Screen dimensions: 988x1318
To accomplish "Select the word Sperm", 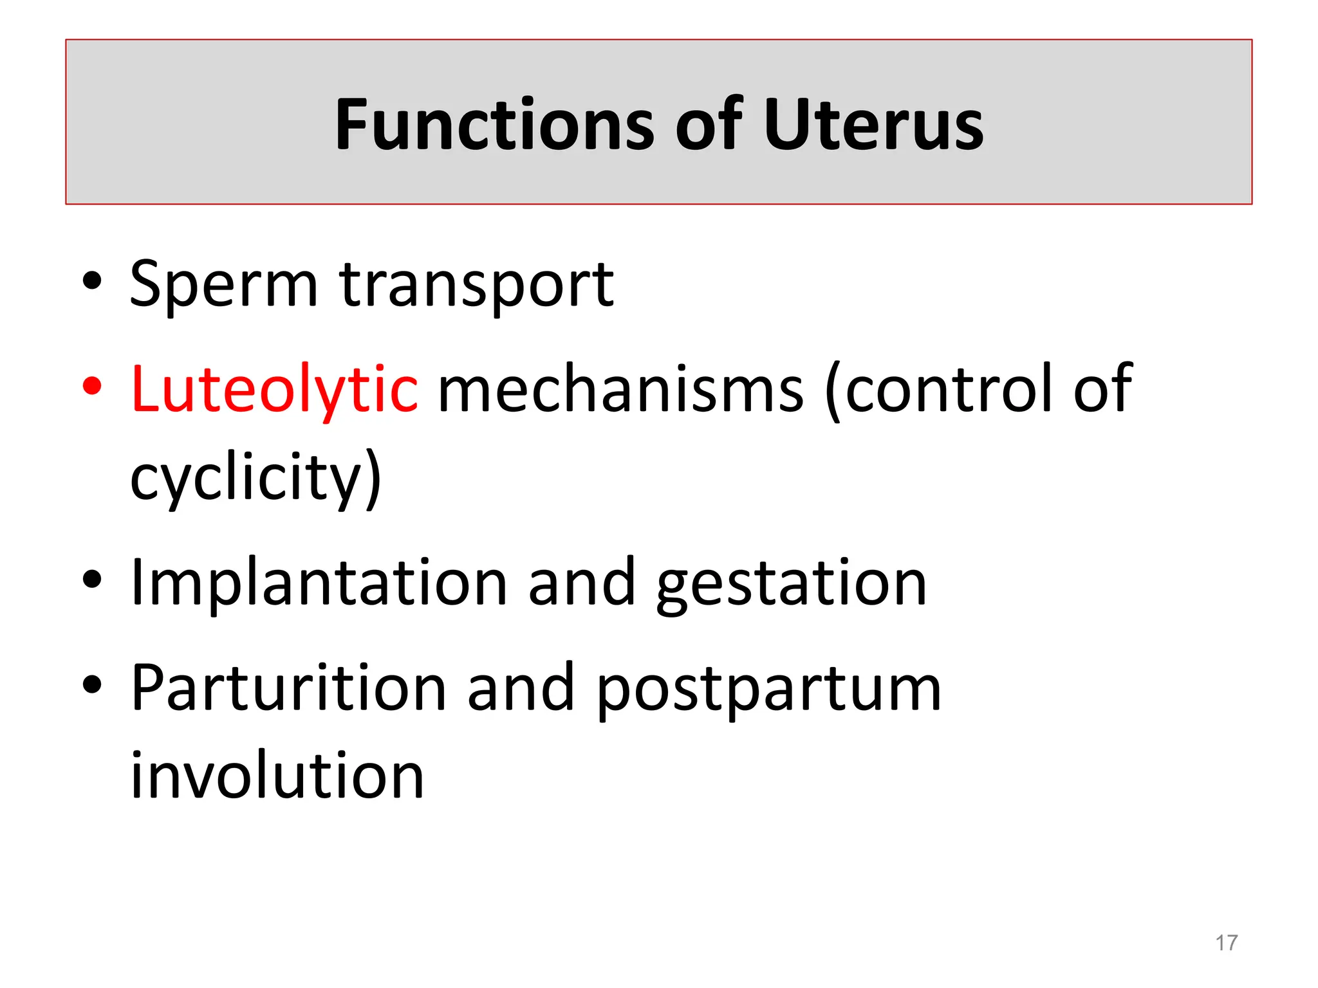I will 223,284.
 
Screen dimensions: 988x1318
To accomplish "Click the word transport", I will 476,284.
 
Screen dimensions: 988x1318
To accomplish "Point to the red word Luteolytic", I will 274,389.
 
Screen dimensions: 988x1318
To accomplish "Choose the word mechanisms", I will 620,390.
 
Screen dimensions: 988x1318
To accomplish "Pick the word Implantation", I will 319,583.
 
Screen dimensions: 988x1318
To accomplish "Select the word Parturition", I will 288,688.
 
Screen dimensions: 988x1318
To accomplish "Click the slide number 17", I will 1226,943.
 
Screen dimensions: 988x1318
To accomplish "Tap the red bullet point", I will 92,386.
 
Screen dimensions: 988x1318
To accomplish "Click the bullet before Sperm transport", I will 92,281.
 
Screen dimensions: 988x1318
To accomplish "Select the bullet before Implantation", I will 92,580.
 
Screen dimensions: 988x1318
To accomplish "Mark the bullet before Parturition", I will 92,684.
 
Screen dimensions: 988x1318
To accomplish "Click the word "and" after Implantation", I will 582,583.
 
